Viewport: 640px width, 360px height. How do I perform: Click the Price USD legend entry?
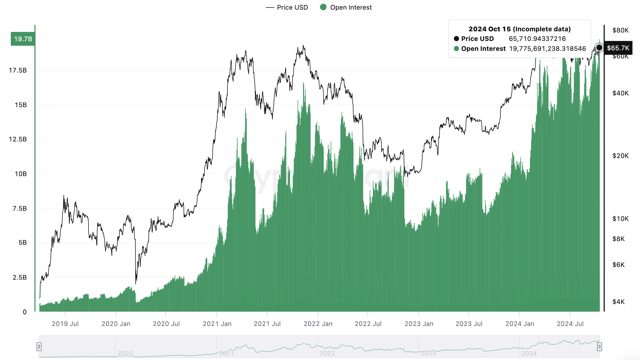(x=287, y=7)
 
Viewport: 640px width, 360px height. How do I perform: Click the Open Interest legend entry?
(x=346, y=7)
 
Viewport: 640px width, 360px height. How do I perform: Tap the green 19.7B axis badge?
(x=23, y=39)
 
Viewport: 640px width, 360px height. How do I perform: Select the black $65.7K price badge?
(x=618, y=48)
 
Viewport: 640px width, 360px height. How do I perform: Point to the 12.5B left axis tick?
(x=18, y=139)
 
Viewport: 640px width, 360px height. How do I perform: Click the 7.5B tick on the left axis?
(x=20, y=208)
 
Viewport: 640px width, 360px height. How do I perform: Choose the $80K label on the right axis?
(x=620, y=30)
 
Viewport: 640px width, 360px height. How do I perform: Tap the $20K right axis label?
(x=620, y=156)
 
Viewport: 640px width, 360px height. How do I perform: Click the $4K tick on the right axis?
(x=618, y=302)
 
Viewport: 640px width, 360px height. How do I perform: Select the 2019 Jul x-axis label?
(x=65, y=324)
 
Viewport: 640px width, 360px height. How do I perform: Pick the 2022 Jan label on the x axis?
(x=318, y=324)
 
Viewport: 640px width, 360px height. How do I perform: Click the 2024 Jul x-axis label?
(x=570, y=324)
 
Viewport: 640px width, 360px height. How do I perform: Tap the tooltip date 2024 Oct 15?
(x=490, y=29)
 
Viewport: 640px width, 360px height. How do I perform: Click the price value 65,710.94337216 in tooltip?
(x=537, y=39)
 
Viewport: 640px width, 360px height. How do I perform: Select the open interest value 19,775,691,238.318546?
(x=548, y=48)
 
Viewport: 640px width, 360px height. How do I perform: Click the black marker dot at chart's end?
(x=599, y=48)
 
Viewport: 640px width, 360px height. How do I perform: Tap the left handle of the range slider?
(x=39, y=347)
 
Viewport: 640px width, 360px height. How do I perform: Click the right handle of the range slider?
(x=599, y=347)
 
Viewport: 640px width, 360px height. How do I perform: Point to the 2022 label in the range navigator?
(x=327, y=353)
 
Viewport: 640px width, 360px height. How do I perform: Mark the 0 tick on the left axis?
(x=25, y=312)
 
